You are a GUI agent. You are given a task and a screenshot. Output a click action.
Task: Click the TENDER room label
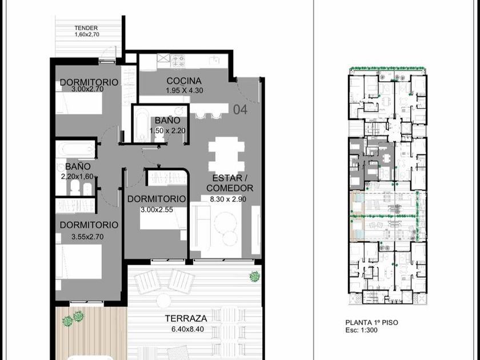86,28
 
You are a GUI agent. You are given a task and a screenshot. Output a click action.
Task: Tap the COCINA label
184,81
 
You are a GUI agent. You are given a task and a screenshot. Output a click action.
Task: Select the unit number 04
241,109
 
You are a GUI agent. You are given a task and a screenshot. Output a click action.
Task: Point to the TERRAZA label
186,318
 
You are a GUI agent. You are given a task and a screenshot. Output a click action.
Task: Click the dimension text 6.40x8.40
187,329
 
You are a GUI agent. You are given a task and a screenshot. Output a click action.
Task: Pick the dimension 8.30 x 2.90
228,199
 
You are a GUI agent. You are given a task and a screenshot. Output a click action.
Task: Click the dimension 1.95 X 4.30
184,91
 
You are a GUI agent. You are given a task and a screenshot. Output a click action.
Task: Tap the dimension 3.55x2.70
87,237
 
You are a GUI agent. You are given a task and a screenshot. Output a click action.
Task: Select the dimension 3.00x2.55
157,210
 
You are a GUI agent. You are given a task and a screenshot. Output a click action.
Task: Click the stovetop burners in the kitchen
179,61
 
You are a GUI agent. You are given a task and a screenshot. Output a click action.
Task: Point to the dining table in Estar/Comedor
226,154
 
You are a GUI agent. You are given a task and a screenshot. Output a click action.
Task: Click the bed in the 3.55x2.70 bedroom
79,262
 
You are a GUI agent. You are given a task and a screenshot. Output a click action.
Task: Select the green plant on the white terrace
254,277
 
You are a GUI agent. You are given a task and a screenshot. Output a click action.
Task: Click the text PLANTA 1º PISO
371,322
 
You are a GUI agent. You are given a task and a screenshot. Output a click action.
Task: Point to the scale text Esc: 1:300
361,330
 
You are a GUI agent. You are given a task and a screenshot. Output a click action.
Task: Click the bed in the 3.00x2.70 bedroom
79,103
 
